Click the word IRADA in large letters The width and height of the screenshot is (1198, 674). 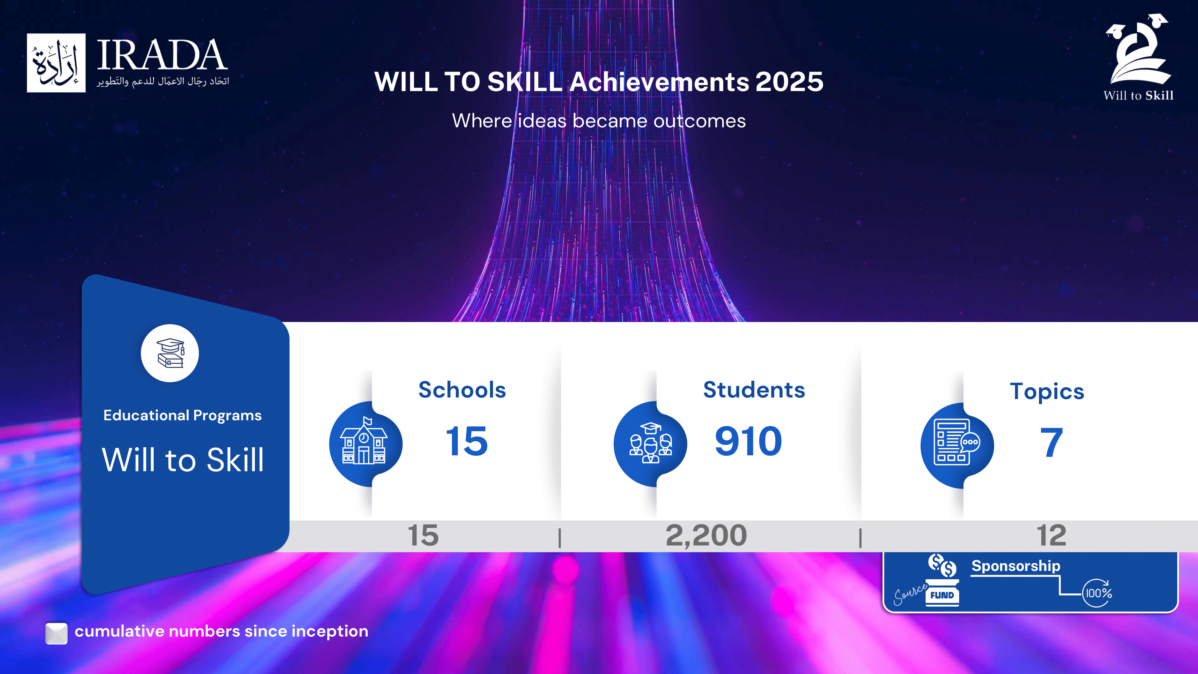point(162,55)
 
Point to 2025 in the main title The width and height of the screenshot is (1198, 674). point(789,82)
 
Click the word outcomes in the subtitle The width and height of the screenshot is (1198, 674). point(699,121)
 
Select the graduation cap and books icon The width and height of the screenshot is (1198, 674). point(170,353)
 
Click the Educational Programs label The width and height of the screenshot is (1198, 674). point(182,415)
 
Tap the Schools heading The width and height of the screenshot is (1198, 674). point(462,390)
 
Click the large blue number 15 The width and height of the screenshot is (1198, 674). point(467,441)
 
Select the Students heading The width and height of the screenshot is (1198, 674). point(754,390)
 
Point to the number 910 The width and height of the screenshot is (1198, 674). point(748,441)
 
